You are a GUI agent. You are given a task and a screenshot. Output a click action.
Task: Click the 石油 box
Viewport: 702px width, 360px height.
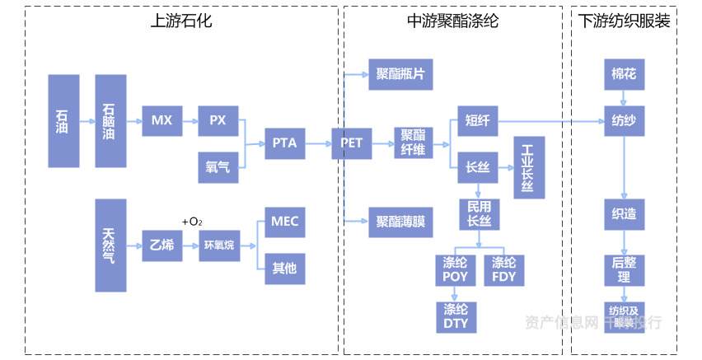pyautogui.click(x=64, y=121)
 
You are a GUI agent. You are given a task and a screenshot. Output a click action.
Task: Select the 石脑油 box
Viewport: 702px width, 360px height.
pyautogui.click(x=110, y=121)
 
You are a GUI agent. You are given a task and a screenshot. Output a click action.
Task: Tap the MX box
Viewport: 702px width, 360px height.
pyautogui.click(x=161, y=121)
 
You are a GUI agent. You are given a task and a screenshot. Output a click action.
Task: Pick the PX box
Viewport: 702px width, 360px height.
pyautogui.click(x=218, y=121)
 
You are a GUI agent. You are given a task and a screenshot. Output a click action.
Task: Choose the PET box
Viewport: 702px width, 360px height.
pyautogui.click(x=352, y=143)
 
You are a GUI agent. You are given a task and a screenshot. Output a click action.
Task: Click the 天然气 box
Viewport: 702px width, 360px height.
pyautogui.click(x=110, y=245)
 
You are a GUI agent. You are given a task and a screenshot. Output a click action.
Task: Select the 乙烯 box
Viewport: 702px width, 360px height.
pyautogui.click(x=161, y=245)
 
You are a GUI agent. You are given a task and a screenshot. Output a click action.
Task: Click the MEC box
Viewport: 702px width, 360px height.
pyautogui.click(x=284, y=222)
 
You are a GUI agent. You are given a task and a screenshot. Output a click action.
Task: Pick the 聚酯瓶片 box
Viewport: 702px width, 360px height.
pyautogui.click(x=400, y=74)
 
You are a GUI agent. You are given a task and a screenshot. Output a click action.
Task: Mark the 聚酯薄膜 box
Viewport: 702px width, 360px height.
pyautogui.click(x=400, y=222)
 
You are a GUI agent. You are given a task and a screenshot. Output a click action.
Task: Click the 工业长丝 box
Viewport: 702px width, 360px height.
pyautogui.click(x=528, y=167)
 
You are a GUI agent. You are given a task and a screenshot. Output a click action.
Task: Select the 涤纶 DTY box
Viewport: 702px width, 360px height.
pyautogui.click(x=456, y=317)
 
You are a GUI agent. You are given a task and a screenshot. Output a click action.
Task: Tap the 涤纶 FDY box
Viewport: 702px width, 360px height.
pyautogui.click(x=503, y=270)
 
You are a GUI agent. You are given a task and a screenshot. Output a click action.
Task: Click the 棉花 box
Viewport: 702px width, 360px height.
pyautogui.click(x=624, y=74)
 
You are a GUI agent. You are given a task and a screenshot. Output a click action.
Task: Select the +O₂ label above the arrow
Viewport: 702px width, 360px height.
pyautogui.click(x=192, y=222)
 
